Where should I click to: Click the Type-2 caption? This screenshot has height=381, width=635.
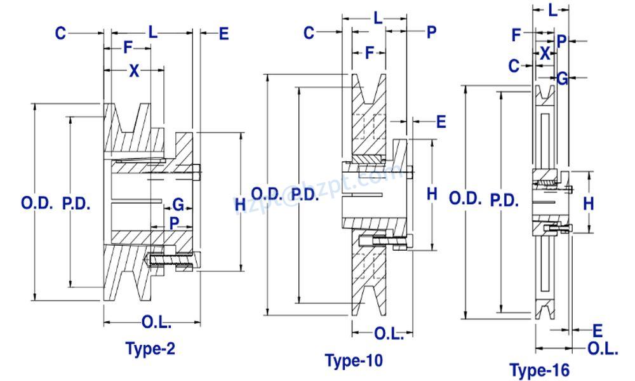(x=150, y=349)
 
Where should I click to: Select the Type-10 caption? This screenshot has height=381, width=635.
(x=354, y=361)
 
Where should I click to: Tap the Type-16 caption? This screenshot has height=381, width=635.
(x=539, y=370)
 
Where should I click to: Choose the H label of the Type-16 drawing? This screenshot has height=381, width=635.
(x=588, y=203)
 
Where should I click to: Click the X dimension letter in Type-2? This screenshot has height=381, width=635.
(x=133, y=71)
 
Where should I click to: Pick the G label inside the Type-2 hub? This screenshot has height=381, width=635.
(x=178, y=204)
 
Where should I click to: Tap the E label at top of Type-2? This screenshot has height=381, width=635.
(x=223, y=33)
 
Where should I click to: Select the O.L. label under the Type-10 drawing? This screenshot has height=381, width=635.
(x=389, y=334)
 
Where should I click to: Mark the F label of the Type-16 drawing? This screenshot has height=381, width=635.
(x=516, y=35)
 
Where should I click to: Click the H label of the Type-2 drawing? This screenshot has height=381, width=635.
(x=239, y=204)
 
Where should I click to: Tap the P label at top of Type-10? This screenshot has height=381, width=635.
(x=431, y=32)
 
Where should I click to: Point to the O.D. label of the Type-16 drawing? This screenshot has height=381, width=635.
(x=465, y=199)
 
